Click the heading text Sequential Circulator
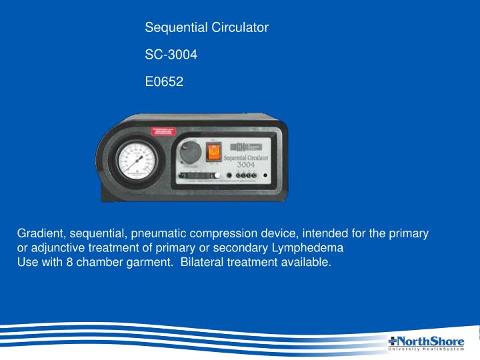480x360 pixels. (207, 28)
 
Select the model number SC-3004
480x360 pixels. (171, 55)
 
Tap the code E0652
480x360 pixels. (164, 83)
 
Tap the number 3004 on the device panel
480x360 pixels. (251, 164)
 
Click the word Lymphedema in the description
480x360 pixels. (312, 248)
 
